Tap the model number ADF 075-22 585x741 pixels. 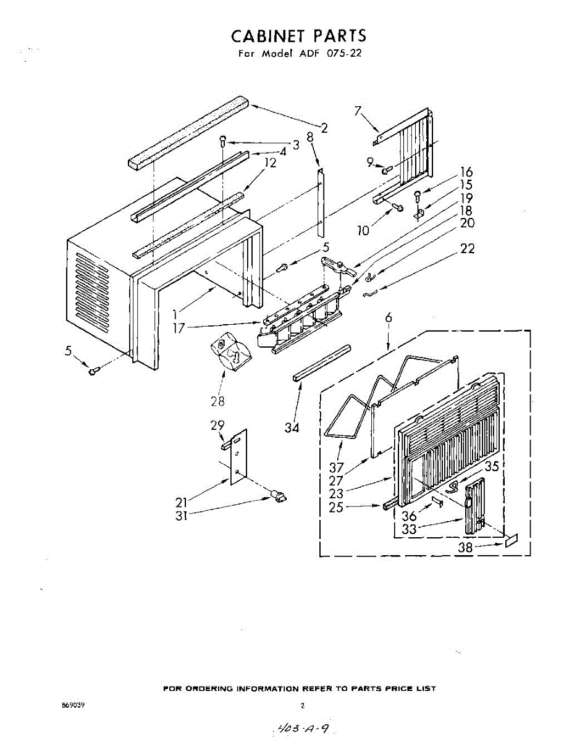point(332,53)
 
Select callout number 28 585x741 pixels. point(217,401)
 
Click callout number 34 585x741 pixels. point(292,428)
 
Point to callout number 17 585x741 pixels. point(179,328)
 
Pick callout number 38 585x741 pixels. point(465,548)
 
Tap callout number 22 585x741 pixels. point(467,249)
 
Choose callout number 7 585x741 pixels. point(358,111)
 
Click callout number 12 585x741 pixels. point(270,162)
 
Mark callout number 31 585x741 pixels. point(181,516)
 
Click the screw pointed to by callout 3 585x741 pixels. point(223,141)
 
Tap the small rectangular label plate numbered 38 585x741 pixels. point(512,540)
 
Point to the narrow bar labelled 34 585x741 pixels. point(322,363)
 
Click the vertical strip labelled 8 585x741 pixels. point(321,203)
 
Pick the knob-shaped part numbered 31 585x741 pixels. point(279,496)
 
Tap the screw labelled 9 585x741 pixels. point(387,169)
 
